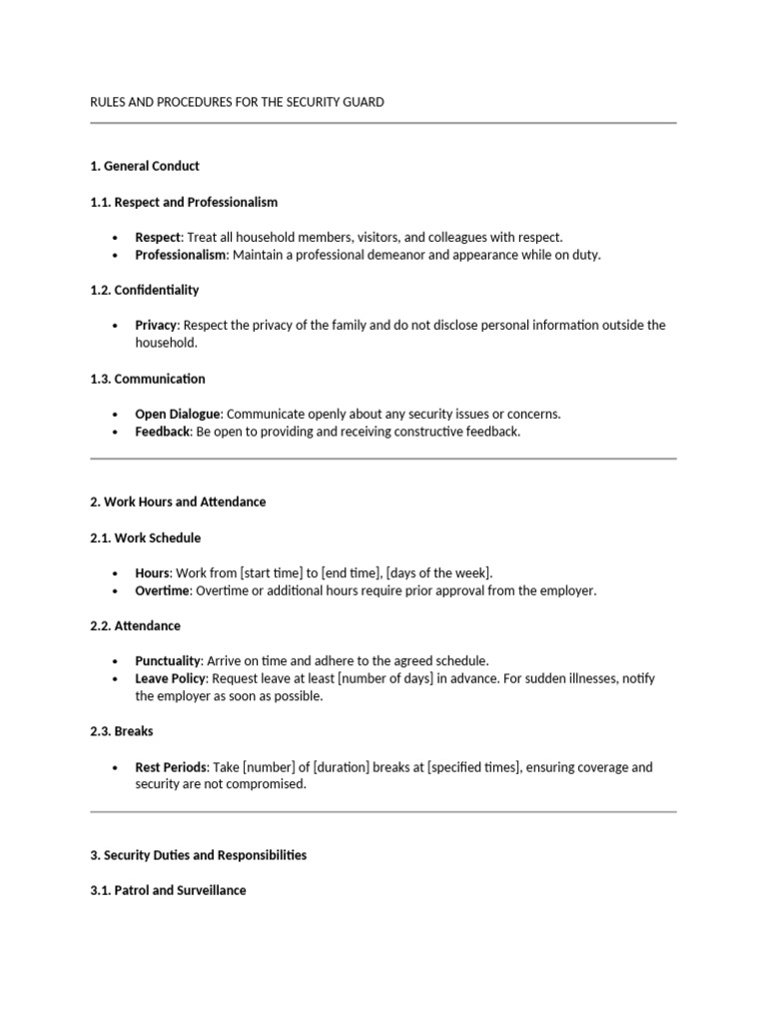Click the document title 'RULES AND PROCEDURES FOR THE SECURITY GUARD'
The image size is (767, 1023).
tap(237, 102)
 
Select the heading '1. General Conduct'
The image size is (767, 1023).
tap(145, 166)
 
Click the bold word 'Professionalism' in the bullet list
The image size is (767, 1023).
tap(182, 255)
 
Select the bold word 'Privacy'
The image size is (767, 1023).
tap(156, 326)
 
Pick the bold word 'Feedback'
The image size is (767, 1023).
tap(162, 432)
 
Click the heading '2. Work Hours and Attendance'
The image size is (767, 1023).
tap(178, 502)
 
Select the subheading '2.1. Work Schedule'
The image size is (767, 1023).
tap(146, 537)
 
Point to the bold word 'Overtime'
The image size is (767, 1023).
tap(162, 590)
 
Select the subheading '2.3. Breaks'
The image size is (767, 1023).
tap(121, 731)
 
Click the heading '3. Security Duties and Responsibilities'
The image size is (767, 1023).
tap(199, 855)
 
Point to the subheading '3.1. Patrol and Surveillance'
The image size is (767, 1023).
tap(168, 890)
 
